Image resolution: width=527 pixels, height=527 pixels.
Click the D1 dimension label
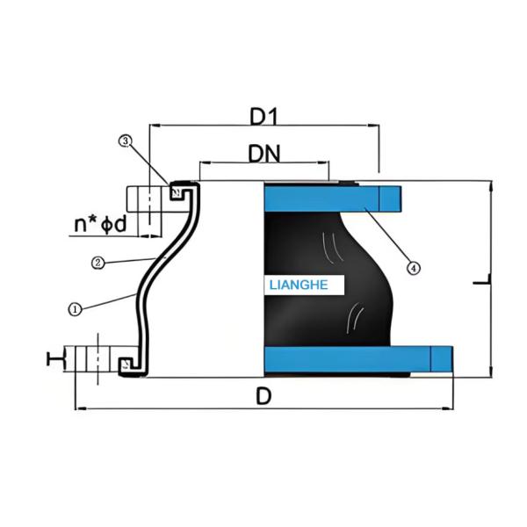coord(263,115)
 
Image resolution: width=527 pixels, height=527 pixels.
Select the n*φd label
coord(100,224)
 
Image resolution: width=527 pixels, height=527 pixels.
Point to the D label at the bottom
coord(262,396)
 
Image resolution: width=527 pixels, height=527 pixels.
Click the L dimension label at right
coord(480,281)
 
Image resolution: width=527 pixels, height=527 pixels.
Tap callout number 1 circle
coord(75,308)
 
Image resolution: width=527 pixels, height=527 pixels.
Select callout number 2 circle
coord(98,262)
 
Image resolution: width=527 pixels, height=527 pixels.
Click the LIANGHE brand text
coord(298,285)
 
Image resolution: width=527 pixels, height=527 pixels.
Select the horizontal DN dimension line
coord(263,163)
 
